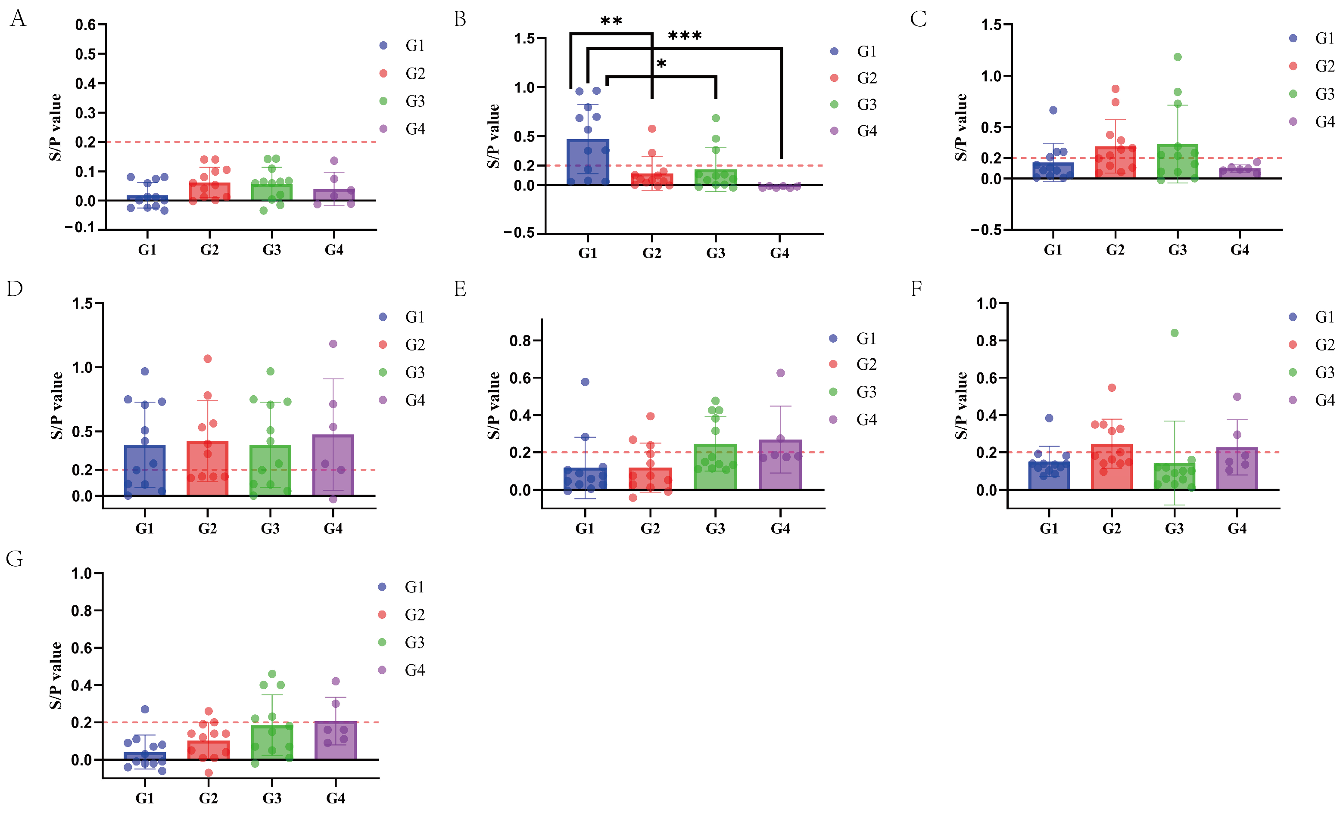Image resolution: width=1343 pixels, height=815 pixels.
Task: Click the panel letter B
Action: (459, 20)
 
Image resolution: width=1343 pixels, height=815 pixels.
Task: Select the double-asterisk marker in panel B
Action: (611, 22)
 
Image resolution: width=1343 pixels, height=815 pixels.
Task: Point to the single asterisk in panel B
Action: (661, 64)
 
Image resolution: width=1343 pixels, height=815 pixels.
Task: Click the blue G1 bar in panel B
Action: (588, 164)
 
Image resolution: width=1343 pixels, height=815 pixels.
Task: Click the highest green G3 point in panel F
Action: (1175, 333)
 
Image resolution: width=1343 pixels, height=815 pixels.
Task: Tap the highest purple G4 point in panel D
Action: (333, 344)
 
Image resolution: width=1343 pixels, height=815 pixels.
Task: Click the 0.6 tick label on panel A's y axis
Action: (85, 25)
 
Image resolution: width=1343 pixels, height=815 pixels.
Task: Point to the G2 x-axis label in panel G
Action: (208, 798)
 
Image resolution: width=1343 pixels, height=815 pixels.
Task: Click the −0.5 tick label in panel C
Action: (986, 230)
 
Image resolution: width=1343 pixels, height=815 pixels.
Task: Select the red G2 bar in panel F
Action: (1111, 468)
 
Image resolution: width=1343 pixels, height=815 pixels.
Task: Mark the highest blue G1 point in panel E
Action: (585, 382)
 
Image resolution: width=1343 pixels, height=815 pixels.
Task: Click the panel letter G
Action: (14, 559)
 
